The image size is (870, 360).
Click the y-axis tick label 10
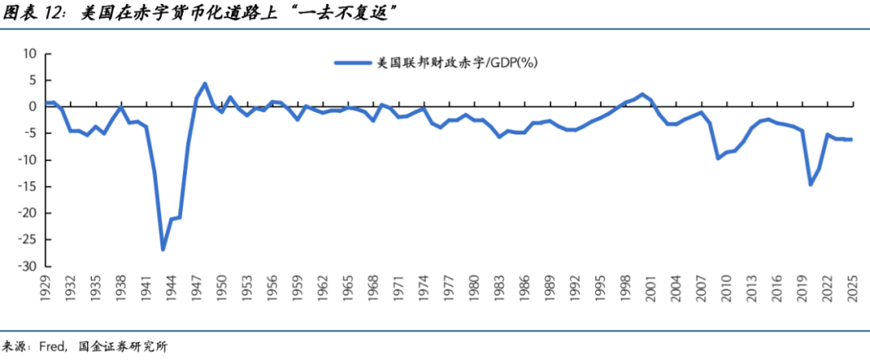(x=31, y=53)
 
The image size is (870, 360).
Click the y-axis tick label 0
(x=34, y=106)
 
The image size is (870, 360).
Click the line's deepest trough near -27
(x=163, y=250)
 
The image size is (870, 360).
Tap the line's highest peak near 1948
(x=205, y=83)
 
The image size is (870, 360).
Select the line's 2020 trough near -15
(x=810, y=185)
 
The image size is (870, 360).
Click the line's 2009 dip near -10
(x=718, y=158)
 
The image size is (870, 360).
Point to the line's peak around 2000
(x=642, y=94)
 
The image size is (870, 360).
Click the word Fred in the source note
(x=55, y=346)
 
